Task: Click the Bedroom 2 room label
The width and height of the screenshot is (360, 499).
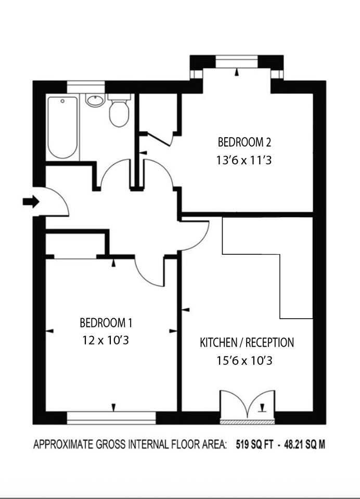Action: click(245, 142)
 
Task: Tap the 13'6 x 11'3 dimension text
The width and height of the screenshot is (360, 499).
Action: click(244, 160)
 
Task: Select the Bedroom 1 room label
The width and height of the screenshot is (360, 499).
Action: click(106, 323)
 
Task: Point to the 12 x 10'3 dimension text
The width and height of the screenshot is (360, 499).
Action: click(106, 340)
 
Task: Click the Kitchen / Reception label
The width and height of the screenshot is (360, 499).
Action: click(247, 343)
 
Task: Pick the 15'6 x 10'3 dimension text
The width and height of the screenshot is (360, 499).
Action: click(245, 361)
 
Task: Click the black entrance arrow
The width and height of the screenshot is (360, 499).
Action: click(31, 202)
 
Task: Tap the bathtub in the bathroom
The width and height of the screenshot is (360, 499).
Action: click(62, 127)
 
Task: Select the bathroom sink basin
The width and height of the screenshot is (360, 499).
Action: click(95, 100)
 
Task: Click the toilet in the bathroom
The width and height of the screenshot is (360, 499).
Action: click(119, 110)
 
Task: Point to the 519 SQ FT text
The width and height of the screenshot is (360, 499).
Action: click(254, 444)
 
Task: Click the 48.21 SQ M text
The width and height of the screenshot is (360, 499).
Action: click(304, 444)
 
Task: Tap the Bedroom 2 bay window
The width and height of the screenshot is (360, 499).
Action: click(236, 61)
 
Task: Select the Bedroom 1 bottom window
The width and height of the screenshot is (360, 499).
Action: click(111, 418)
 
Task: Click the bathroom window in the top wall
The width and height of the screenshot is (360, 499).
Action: click(86, 87)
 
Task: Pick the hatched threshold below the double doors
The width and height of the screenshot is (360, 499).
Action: click(247, 422)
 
